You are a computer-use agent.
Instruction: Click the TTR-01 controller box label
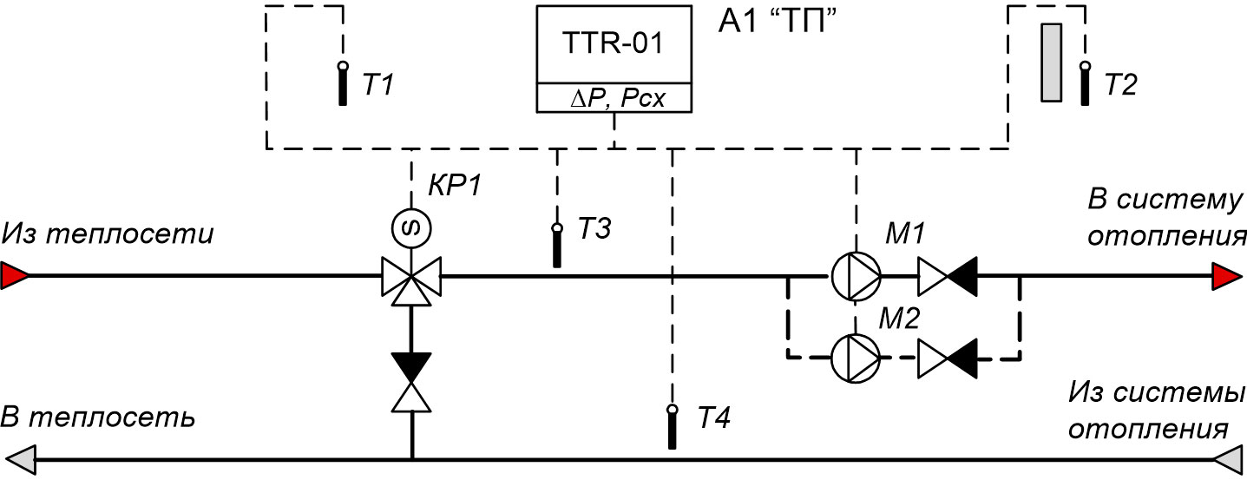pos(613,43)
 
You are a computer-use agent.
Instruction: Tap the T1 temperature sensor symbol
pos(343,83)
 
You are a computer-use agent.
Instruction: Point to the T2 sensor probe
pos(1085,83)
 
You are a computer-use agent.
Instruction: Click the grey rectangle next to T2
pos(1051,62)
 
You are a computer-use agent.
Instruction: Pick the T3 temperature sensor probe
pos(557,245)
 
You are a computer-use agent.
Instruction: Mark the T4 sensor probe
pos(673,426)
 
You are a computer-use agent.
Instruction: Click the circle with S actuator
pos(411,227)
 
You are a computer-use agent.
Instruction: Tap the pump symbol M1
pos(856,276)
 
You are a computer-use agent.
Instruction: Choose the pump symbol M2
pos(856,358)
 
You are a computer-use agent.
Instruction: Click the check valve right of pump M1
pos(947,276)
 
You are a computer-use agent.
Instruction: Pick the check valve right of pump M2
pos(947,358)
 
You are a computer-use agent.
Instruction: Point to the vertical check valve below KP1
pos(411,382)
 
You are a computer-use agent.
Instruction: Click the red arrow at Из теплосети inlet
pos(15,275)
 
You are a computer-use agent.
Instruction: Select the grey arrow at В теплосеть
pos(20,460)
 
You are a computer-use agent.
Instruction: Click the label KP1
pos(455,185)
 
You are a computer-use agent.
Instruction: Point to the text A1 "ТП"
pos(778,23)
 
